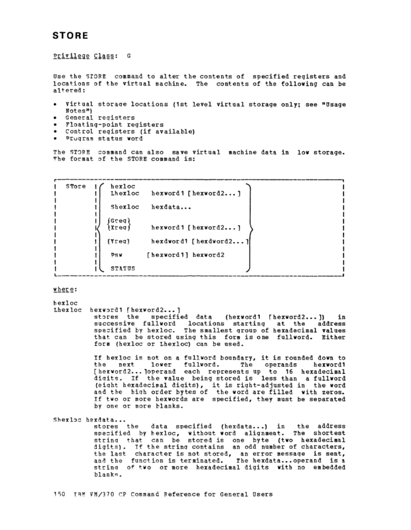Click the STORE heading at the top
tap(70, 35)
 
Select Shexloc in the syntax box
tap(124, 207)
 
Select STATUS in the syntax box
tap(122, 268)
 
